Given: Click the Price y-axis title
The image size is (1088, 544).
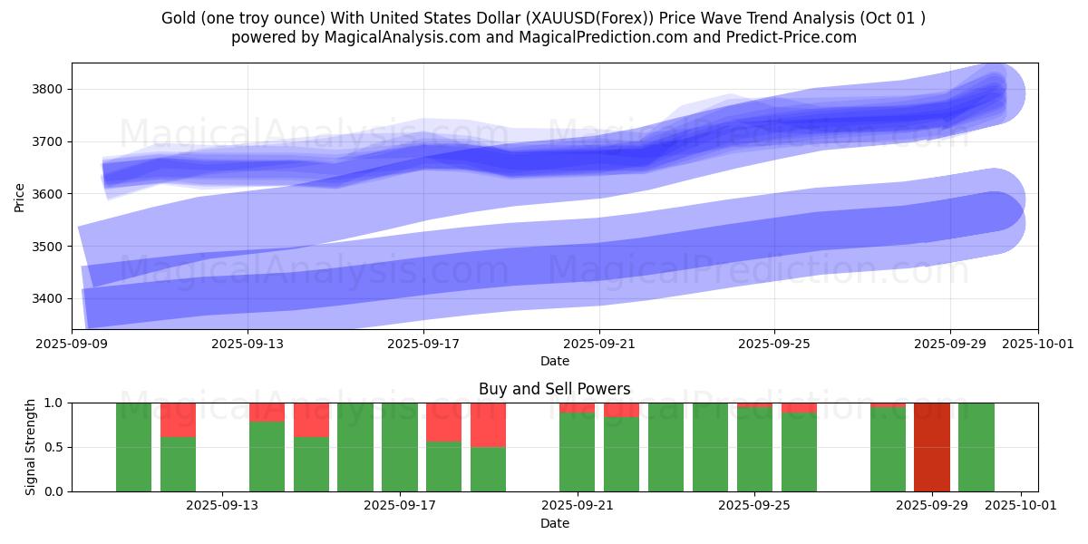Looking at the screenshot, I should [20, 197].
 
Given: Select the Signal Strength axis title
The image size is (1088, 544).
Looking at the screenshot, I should [31, 446].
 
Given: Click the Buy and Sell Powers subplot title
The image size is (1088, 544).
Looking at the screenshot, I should [554, 389].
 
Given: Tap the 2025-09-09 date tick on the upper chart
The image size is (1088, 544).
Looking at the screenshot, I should [73, 345].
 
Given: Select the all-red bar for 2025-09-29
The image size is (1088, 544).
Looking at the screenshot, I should [932, 447].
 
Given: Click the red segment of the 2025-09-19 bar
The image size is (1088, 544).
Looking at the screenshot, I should [488, 424].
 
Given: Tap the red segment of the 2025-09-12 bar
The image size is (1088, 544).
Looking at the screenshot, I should [178, 419].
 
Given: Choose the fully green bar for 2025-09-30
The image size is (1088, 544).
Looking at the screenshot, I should [976, 447].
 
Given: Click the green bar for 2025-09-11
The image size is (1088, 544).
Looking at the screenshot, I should [133, 447].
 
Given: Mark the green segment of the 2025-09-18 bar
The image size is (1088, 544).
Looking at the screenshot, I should [443, 466].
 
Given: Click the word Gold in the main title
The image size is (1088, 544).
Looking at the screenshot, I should [179, 18].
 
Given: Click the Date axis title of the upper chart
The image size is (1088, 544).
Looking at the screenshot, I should [554, 361].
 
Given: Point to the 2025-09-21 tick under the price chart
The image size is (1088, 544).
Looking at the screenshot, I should [599, 345].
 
